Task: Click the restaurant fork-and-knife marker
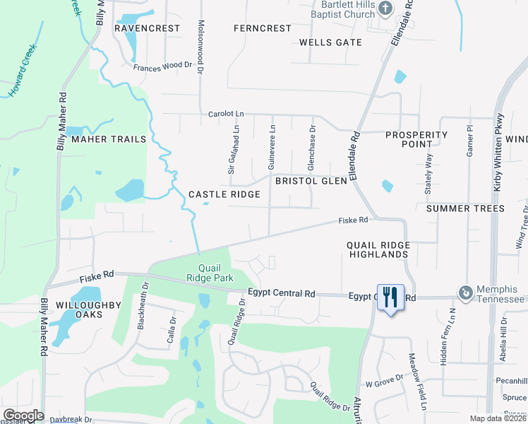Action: click(390, 297)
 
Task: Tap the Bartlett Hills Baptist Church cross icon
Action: click(385, 9)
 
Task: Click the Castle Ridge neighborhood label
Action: click(224, 194)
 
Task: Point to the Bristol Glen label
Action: click(311, 181)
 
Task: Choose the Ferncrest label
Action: click(262, 28)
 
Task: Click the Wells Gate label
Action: click(330, 42)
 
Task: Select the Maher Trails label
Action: click(109, 139)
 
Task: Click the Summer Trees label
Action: click(465, 208)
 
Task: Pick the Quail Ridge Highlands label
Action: click(378, 249)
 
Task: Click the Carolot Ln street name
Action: click(226, 114)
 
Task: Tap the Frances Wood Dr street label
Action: click(162, 66)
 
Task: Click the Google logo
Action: click(23, 416)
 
